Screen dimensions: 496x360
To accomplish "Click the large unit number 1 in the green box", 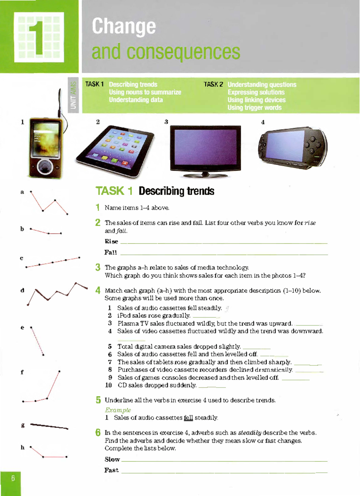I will [39, 37].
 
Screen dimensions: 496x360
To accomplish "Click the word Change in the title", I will [124, 26].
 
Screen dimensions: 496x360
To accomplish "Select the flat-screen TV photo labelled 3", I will [205, 150].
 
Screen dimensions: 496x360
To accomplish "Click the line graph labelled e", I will [37, 341].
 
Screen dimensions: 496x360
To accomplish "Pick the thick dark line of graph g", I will [49, 426].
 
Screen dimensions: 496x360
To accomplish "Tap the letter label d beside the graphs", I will [22, 290].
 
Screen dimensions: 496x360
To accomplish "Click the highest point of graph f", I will [59, 371].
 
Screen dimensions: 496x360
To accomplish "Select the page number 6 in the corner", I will [13, 478].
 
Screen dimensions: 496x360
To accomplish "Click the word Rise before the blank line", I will [111, 242].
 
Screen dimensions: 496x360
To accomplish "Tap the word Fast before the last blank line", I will [111, 470].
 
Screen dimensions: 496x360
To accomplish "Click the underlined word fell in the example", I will [188, 418].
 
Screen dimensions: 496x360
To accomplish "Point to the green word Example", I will [118, 410].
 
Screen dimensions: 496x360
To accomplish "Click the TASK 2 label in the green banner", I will [213, 84].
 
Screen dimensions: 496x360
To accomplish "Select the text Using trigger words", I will [254, 107].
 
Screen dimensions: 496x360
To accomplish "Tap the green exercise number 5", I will [98, 400].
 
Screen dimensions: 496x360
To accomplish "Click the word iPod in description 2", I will [124, 316].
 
